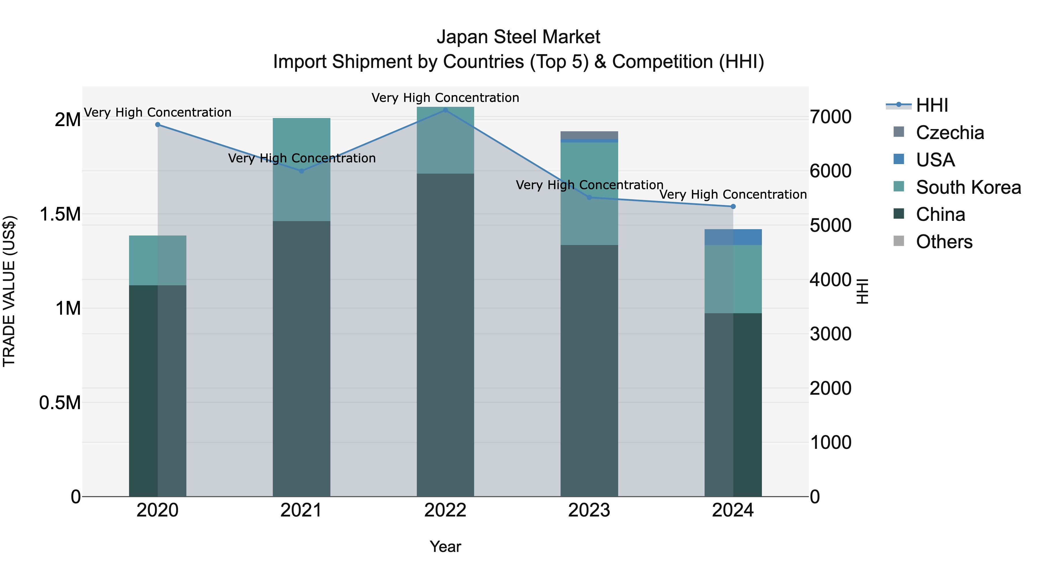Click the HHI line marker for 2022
(x=445, y=110)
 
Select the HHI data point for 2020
(x=158, y=125)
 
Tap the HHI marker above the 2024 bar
(x=733, y=206)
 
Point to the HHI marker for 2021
(x=302, y=171)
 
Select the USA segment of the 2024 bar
(x=733, y=237)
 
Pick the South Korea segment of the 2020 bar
(x=158, y=260)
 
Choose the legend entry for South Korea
(x=968, y=187)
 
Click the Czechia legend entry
(x=950, y=132)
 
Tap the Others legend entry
(x=944, y=242)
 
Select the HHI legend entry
(x=932, y=105)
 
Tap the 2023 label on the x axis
(x=589, y=510)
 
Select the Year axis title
(x=445, y=546)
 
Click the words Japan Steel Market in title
(x=518, y=37)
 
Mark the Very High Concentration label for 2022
(x=445, y=98)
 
